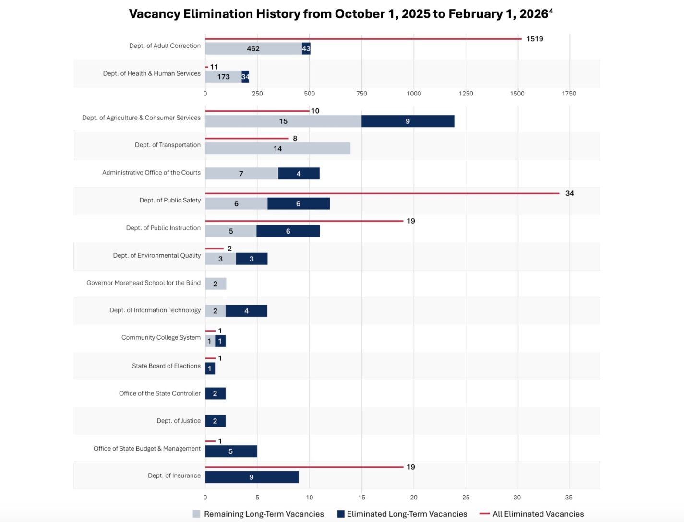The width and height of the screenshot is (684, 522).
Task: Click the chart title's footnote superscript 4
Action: click(551, 11)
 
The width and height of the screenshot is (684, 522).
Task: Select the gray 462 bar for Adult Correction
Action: click(253, 48)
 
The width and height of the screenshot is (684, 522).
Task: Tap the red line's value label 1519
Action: click(535, 39)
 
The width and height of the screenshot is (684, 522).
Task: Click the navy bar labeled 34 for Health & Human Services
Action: click(245, 77)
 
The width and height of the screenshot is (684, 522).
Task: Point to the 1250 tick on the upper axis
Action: click(466, 94)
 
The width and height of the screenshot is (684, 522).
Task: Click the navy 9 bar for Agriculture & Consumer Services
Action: click(408, 121)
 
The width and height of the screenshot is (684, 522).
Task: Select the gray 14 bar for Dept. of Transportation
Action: click(277, 149)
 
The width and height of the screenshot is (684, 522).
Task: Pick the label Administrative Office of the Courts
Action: click(152, 173)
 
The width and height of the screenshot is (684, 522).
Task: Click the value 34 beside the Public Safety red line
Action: click(570, 193)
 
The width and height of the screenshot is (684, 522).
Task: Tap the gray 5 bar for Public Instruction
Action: click(231, 231)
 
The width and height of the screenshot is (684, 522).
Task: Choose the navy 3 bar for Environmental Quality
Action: click(252, 259)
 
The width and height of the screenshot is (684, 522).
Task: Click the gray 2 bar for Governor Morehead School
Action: click(216, 284)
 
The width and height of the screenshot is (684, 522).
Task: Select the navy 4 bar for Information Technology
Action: click(247, 311)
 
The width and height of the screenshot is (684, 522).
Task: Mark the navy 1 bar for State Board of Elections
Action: click(210, 368)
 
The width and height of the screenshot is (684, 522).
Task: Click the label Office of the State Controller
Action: click(160, 393)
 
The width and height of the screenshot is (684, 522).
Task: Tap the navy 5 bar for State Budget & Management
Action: click(231, 451)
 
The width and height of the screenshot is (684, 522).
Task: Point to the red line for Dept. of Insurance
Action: click(304, 467)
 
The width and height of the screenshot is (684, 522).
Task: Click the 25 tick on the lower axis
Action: click(466, 498)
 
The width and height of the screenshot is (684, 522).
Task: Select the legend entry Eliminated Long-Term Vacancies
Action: click(402, 514)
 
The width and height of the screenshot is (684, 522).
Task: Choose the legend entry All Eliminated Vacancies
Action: click(532, 514)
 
